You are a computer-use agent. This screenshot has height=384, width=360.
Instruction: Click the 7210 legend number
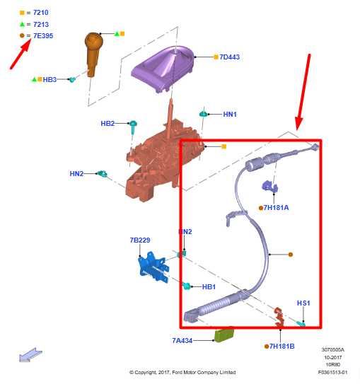coord(40,13)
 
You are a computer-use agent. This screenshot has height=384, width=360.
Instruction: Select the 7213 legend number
coord(41,25)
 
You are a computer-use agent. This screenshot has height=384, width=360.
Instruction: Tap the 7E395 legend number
coord(43,36)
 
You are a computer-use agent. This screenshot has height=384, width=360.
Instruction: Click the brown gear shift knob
coord(93,54)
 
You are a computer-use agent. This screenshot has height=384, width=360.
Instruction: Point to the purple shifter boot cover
coord(163,68)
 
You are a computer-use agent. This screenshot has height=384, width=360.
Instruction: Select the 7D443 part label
coord(229,57)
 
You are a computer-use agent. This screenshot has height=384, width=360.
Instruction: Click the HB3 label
coord(50,80)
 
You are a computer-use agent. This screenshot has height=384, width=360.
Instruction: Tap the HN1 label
coord(230,115)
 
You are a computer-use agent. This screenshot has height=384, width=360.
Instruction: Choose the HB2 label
coord(108,124)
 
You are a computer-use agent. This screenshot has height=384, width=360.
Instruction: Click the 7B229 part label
coord(140,240)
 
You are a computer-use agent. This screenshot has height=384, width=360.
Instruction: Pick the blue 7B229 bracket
coord(153,267)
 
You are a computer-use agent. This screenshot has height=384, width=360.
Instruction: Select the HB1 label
coord(209,287)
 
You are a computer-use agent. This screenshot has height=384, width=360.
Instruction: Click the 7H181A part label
coord(276,208)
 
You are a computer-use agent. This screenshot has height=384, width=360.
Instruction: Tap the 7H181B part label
coord(282,347)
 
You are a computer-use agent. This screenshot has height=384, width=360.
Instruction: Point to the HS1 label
coord(303,303)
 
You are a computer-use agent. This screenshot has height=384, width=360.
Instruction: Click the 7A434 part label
coord(182,341)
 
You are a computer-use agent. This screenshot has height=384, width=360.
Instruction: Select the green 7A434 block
coord(223,335)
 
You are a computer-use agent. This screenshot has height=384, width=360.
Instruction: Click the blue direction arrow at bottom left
coord(30,355)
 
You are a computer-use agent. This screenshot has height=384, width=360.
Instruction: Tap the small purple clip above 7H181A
coord(270,187)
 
